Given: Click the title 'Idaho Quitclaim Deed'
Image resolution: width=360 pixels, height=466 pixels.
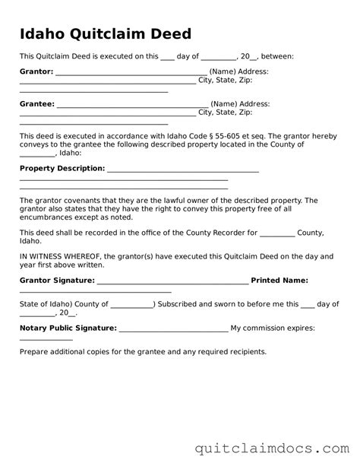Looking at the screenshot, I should point(105,34).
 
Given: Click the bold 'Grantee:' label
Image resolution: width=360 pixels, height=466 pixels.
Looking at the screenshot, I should point(36,103).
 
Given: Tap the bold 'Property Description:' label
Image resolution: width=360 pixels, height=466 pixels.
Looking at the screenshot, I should point(62,168).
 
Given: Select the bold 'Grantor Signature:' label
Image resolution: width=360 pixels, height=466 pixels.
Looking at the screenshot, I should point(57,281).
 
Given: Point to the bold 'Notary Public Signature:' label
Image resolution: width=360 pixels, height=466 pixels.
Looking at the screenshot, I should point(68,328).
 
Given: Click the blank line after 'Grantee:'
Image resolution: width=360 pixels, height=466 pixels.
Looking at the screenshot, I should point(132,106).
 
